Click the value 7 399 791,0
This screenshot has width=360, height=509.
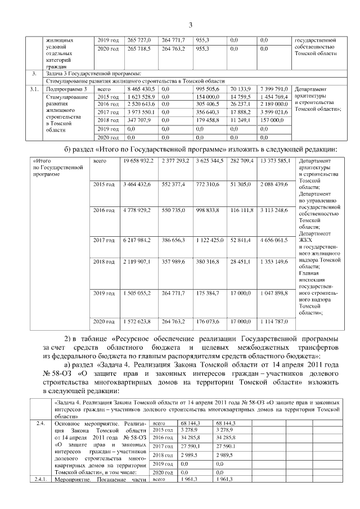[x=274, y=89]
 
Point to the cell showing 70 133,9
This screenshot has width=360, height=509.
[x=240, y=89]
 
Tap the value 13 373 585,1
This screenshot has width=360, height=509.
[x=274, y=162]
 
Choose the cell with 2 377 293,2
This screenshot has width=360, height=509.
[x=175, y=162]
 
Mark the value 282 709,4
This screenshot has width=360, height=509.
[x=240, y=162]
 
